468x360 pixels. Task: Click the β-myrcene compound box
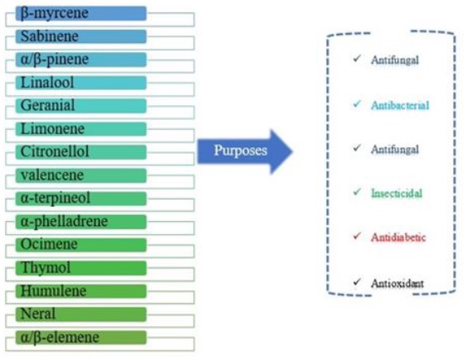[x=81, y=13]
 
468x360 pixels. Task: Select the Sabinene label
[x=81, y=36]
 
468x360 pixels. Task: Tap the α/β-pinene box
[x=81, y=60]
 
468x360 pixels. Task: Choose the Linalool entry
[x=81, y=83]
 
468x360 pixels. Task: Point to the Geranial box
[x=81, y=106]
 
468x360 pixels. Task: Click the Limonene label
[x=81, y=129]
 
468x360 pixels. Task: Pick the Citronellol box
[x=81, y=152]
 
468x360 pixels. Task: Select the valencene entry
[x=81, y=175]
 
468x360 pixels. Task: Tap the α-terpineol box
[x=81, y=199]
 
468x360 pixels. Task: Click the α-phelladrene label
[x=81, y=222]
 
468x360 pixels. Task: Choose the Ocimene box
[x=81, y=245]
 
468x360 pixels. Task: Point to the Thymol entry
[x=81, y=268]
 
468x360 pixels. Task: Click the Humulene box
[x=81, y=291]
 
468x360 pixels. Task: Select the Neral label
[x=81, y=314]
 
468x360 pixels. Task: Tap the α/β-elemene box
[x=81, y=338]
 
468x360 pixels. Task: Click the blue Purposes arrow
[x=244, y=151]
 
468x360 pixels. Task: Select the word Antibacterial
[x=400, y=105]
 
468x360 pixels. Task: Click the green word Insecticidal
[x=397, y=194]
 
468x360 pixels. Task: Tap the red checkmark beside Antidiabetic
[x=357, y=236]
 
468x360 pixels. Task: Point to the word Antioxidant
[x=398, y=283]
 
